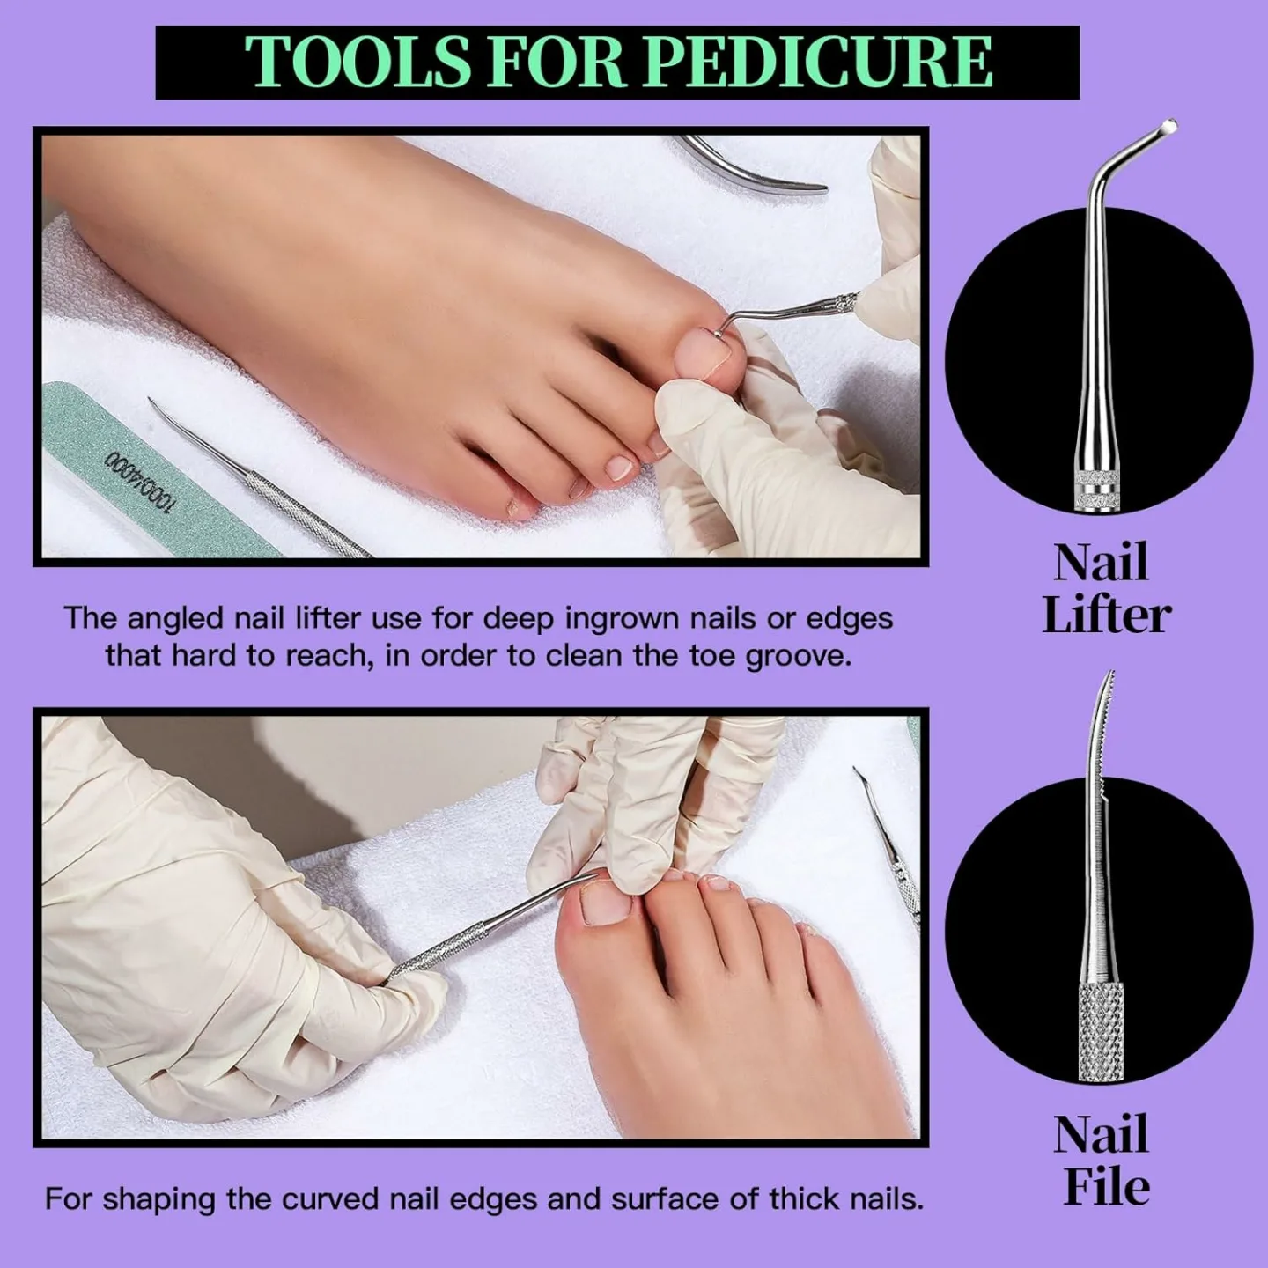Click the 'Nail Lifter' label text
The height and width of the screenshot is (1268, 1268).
click(1105, 588)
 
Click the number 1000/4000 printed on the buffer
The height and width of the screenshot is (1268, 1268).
click(141, 481)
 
